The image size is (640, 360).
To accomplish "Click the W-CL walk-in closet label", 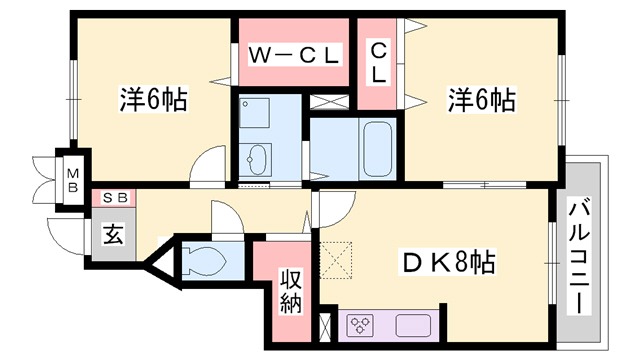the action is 294,55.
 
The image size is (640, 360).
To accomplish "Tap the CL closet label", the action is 378,63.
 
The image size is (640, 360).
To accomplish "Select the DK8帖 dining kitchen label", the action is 449,262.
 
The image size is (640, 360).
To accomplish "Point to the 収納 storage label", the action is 291,291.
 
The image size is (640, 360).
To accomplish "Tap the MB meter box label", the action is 73,181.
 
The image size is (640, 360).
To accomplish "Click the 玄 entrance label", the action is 113,234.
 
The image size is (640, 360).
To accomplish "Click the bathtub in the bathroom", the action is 378,149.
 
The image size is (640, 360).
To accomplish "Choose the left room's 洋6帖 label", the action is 153,100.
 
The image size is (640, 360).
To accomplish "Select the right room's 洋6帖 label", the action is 482,100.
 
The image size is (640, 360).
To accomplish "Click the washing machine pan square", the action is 254,113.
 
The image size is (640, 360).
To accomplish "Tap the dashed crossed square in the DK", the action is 335,260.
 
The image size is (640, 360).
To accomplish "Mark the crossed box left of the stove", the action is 326,328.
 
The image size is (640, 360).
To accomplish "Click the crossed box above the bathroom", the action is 329,102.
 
